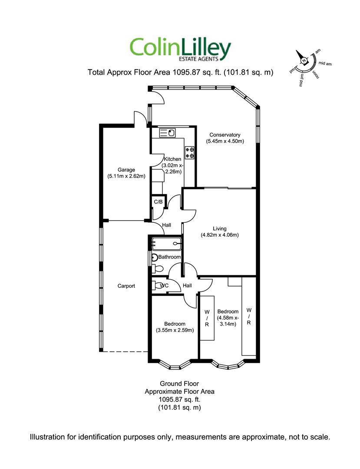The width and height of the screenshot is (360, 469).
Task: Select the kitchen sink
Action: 167,132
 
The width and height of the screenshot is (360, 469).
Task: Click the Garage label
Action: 126,170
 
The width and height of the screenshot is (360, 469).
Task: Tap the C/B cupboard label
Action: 158,202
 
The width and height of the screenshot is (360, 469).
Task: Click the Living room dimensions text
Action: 220,235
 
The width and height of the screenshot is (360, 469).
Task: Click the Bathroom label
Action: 169,257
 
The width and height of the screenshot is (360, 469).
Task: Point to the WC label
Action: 164,286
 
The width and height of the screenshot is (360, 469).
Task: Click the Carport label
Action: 126,286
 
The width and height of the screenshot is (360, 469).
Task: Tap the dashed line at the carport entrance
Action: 126,351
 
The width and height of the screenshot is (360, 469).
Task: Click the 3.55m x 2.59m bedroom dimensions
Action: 175,330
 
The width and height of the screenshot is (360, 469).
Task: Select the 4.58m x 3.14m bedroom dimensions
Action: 228,320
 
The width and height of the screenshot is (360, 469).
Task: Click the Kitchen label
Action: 172,159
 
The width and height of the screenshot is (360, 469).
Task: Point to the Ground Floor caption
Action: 179,383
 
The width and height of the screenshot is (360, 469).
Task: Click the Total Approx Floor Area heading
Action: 180,73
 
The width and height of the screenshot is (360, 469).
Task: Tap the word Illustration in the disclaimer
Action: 48,436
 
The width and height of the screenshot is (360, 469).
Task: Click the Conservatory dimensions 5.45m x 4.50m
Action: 225,141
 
